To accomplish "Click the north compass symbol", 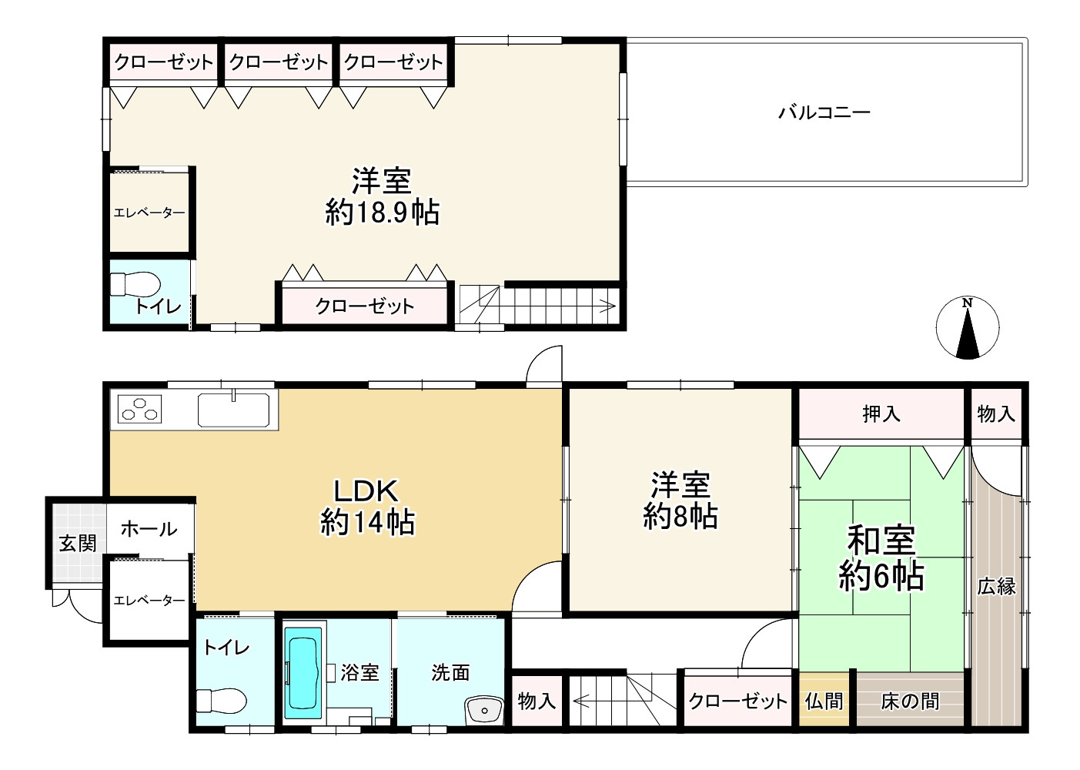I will click(x=968, y=327).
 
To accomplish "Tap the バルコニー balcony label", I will click(x=824, y=113).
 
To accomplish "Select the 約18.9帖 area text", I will click(x=383, y=212).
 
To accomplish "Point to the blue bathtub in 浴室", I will click(x=303, y=672).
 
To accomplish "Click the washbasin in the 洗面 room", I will click(x=483, y=708).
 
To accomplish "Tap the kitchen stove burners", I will click(x=140, y=409).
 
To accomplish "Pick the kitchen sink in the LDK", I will click(x=234, y=409).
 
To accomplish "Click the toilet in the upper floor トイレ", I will click(x=134, y=283).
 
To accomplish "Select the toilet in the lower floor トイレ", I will click(x=221, y=701).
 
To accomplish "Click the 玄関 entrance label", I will click(x=78, y=543).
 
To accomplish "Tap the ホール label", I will click(x=149, y=529).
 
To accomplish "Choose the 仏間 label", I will click(x=824, y=701).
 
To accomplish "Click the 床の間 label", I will click(x=910, y=701).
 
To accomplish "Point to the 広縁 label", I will click(x=996, y=587).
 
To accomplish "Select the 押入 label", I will click(x=881, y=414).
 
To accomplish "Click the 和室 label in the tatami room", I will click(x=881, y=541).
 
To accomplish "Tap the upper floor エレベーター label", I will click(x=149, y=213).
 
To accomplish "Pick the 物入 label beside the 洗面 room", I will click(x=537, y=701).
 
